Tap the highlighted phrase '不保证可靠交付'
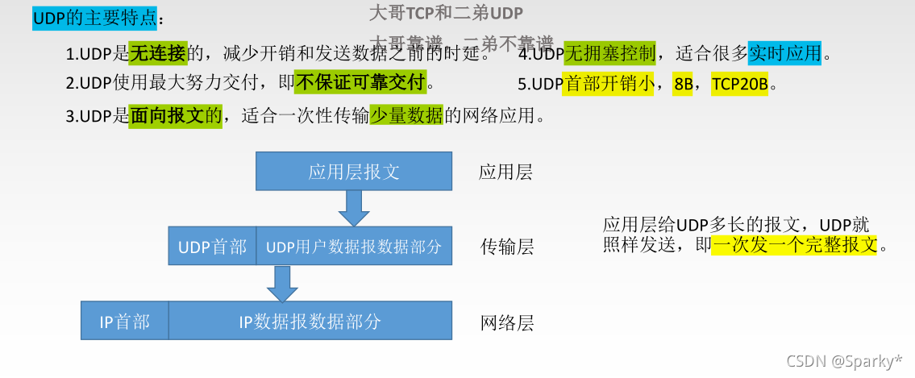point(360,82)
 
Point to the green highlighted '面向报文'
point(168,116)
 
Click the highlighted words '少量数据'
point(406,116)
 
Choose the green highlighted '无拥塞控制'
point(610,54)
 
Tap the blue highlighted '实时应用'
point(785,54)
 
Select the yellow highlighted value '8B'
point(683,85)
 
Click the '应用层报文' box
point(354,172)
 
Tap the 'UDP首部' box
point(212,246)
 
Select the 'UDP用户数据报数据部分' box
point(354,246)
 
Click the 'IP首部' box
point(124,321)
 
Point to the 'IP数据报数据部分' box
point(310,321)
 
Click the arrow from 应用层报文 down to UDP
point(354,209)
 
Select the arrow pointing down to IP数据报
point(281,283)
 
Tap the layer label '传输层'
point(507,247)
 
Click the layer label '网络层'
point(507,323)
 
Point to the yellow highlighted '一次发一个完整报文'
point(793,245)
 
